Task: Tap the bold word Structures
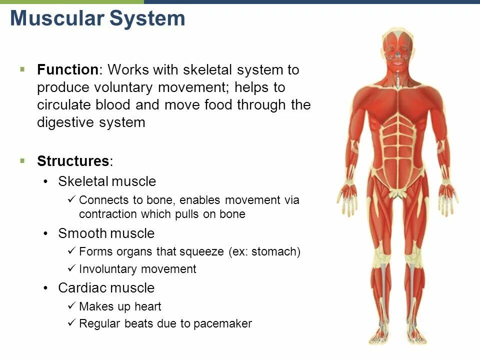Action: (x=73, y=161)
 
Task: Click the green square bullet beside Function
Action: (x=22, y=69)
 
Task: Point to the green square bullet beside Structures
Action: (x=22, y=160)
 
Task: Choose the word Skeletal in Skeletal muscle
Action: (x=82, y=181)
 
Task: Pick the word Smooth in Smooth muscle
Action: (x=82, y=233)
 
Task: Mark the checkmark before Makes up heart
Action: (x=70, y=306)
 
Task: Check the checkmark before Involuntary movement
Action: (x=70, y=269)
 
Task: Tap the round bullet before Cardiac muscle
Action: (x=46, y=288)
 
